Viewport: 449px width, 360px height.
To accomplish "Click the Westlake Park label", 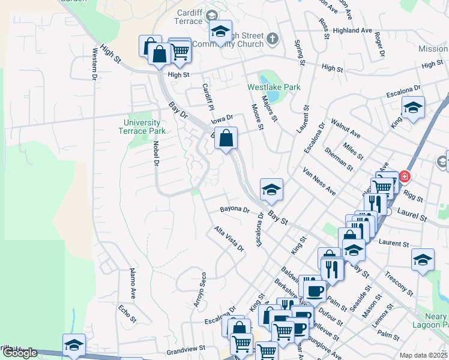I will coord(274,87).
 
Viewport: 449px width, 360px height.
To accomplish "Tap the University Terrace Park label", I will coord(140,127).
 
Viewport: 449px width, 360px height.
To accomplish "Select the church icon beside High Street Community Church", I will coord(273,39).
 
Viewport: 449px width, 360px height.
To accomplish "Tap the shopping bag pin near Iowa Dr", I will coord(225,139).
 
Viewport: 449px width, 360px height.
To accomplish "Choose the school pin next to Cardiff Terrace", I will coord(220,31).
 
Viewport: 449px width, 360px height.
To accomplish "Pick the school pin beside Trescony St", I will coord(423,260).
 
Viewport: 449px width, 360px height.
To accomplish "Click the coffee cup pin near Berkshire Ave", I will coord(315,292).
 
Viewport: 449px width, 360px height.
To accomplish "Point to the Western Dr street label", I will coord(94,64).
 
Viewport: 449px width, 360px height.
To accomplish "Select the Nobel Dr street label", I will coord(155,153).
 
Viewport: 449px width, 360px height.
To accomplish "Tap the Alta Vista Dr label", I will coord(229,238).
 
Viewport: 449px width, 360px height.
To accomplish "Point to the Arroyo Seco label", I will coord(200,290).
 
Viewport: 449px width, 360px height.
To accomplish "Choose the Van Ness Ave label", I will coord(319,181).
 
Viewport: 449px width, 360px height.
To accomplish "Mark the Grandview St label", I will coord(186,347).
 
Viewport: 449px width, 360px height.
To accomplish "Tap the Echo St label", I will coord(128,314).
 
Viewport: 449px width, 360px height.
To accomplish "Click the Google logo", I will coord(20,353).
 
